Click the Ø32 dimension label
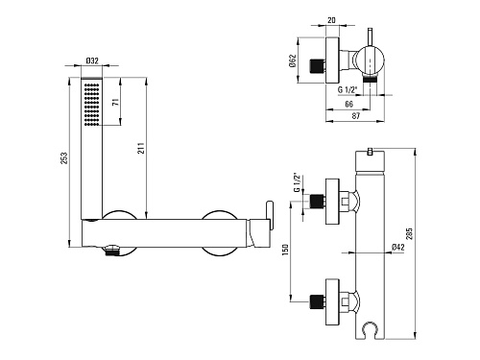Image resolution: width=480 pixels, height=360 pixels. coord(92,60)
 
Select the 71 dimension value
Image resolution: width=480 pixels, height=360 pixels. coord(116,103)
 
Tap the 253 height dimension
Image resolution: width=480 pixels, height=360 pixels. coord(64,158)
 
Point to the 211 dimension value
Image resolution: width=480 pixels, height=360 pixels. coord(141,148)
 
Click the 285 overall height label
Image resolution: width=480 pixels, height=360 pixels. coord(410,233)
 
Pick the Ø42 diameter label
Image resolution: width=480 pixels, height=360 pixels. coord(398,247)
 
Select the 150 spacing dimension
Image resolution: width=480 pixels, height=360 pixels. coord(285,250)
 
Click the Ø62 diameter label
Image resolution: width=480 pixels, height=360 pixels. coord(293,60)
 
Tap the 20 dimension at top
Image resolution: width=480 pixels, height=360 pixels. coord(332,20)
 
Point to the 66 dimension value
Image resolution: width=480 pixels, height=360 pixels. coord(349,104)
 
